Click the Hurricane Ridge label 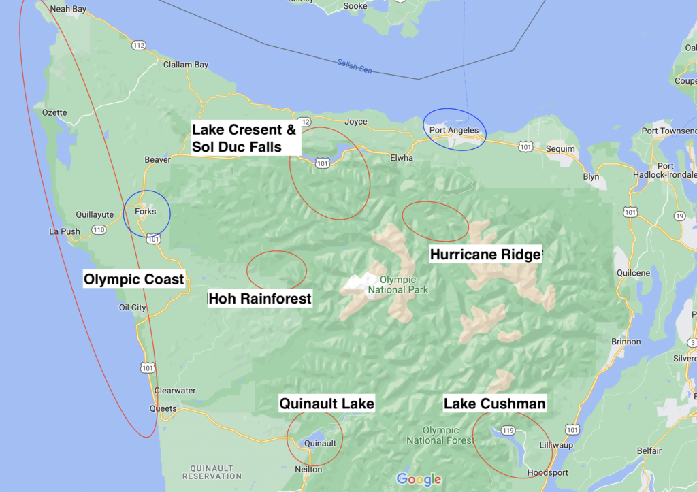point(485,254)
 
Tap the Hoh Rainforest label point(260,298)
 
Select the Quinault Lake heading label point(327,404)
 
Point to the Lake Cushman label point(494,404)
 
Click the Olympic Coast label point(134,279)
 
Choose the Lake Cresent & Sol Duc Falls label point(244,138)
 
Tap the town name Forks point(146,212)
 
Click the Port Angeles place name point(454,130)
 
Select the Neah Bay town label point(69,9)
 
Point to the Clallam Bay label point(186,65)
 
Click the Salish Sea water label point(355,66)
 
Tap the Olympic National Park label point(398,284)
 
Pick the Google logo point(419,479)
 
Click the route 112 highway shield point(139,45)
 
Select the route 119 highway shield point(508,430)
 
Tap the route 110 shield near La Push point(99,230)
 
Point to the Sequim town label point(561,149)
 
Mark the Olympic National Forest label point(440,436)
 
